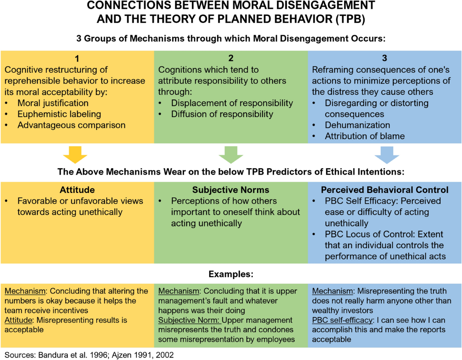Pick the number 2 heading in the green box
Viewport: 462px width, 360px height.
click(231, 59)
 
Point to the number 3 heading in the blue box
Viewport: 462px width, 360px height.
click(385, 59)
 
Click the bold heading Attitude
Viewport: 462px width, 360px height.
click(77, 190)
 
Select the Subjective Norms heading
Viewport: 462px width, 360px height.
click(231, 190)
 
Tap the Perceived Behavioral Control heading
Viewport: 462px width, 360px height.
click(385, 190)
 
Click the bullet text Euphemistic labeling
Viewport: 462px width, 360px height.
click(59, 114)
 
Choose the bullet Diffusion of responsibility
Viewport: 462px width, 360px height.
click(222, 114)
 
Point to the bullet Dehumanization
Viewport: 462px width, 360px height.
click(357, 125)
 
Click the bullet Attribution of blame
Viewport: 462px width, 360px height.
click(364, 136)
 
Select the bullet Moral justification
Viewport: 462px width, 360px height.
click(53, 103)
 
